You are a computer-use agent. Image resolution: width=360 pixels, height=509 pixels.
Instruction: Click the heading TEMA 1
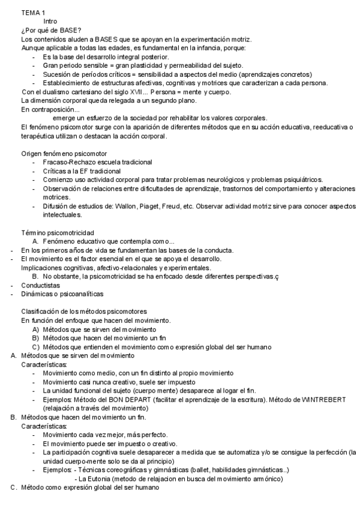pyautogui.click(x=32, y=12)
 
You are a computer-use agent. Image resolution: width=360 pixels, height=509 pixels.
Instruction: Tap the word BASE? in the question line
pyautogui.click(x=70, y=30)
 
